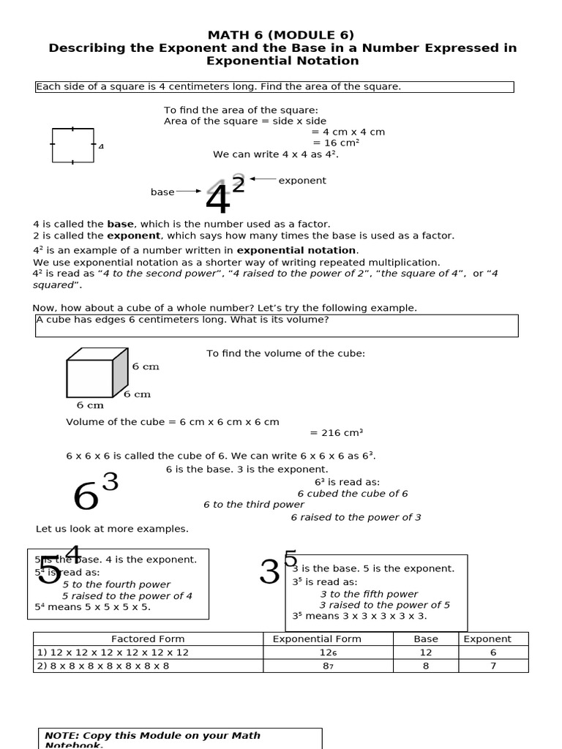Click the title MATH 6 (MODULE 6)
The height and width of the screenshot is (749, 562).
pyautogui.click(x=282, y=34)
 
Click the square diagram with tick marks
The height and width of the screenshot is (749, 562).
pyautogui.click(x=72, y=145)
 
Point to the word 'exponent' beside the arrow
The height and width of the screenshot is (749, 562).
pyautogui.click(x=302, y=181)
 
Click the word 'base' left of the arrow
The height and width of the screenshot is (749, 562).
pyautogui.click(x=162, y=192)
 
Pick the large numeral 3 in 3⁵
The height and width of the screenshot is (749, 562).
pyautogui.click(x=270, y=573)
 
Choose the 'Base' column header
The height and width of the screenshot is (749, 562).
pyautogui.click(x=426, y=639)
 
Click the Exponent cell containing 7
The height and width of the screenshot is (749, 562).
pyautogui.click(x=492, y=666)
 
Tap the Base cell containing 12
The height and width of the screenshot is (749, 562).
pyautogui.click(x=426, y=652)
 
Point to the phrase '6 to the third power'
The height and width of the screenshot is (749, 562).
pyautogui.click(x=254, y=505)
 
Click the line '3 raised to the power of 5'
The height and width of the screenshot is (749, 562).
pyautogui.click(x=385, y=605)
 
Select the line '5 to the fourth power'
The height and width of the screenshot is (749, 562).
pyautogui.click(x=116, y=584)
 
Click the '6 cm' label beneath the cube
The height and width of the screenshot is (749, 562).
pyautogui.click(x=90, y=405)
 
